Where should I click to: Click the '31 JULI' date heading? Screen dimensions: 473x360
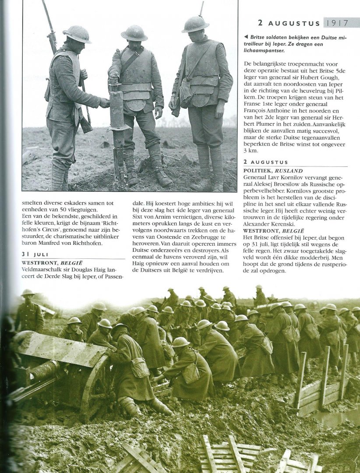[x=35, y=254]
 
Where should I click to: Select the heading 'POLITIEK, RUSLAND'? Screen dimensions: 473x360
[x=273, y=170]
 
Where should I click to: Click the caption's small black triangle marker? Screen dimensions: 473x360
[x=245, y=38]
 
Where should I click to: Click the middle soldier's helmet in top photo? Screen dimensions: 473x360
[x=134, y=33]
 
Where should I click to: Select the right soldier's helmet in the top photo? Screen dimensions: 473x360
[x=195, y=24]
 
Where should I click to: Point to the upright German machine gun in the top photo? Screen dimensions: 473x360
[x=118, y=131]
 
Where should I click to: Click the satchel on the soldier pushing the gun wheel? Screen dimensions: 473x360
[x=140, y=367]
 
